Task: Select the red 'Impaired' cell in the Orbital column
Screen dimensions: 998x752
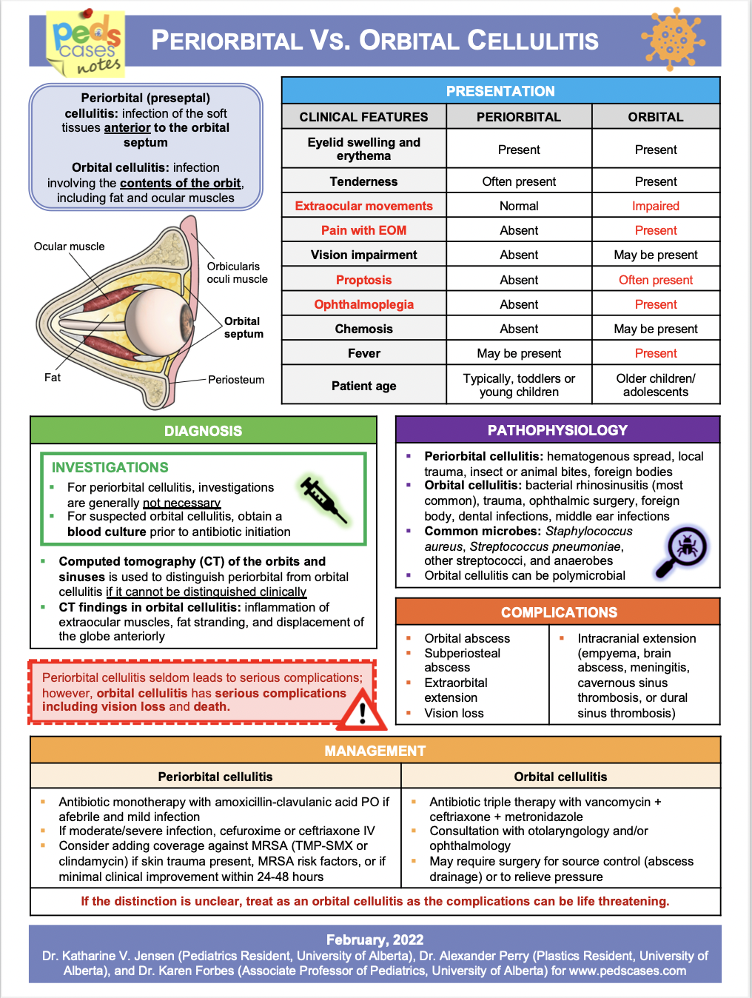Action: click(655, 206)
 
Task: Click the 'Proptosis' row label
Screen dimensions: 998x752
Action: click(363, 280)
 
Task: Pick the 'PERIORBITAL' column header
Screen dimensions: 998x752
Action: click(518, 117)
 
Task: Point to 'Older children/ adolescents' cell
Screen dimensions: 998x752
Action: click(655, 385)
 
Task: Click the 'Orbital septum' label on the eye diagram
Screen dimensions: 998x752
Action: click(243, 327)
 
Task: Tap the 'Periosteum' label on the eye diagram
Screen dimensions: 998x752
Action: click(235, 380)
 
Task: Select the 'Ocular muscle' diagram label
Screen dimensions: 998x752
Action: click(70, 247)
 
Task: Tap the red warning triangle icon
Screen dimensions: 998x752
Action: click(362, 710)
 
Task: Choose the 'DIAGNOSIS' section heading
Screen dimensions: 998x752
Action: click(203, 431)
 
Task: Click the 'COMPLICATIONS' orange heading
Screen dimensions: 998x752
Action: click(559, 612)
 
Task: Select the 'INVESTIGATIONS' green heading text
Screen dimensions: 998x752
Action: click(110, 467)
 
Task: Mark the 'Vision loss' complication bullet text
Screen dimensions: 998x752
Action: click(454, 713)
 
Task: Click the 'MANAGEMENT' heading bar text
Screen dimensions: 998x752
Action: click(375, 751)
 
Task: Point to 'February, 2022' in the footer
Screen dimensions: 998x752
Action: click(375, 940)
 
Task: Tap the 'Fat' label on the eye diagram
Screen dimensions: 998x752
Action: click(53, 378)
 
